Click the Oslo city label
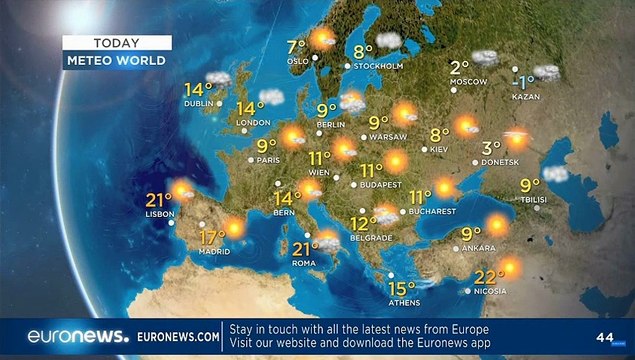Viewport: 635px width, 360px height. tap(297, 60)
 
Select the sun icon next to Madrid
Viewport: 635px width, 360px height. tap(235, 227)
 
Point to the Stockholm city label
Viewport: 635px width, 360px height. tap(380, 66)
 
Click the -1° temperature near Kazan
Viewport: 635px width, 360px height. tap(521, 80)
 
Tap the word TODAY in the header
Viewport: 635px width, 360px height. tap(116, 43)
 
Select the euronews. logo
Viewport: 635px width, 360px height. tap(78, 337)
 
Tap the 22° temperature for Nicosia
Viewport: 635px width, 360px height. tap(487, 277)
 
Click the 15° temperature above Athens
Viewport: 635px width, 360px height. tap(402, 289)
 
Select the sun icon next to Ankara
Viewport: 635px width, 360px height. tap(497, 226)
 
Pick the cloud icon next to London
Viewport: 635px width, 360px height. tap(270, 97)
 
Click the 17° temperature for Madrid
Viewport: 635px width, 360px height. tap(211, 238)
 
